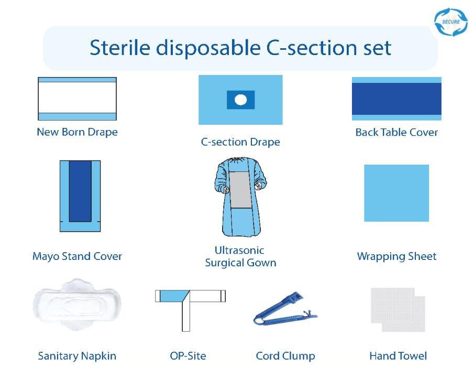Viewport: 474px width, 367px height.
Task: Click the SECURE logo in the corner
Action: pyautogui.click(x=451, y=22)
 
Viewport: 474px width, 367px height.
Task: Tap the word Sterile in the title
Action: pyautogui.click(x=120, y=48)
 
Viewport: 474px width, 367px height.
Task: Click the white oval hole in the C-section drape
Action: pyautogui.click(x=240, y=100)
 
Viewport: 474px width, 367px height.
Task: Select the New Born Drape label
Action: pyautogui.click(x=77, y=132)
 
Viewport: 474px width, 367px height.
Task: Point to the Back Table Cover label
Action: pyautogui.click(x=396, y=132)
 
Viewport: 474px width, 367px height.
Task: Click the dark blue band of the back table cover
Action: pyautogui.click(x=396, y=99)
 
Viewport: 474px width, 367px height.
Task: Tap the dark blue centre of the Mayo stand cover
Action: pyautogui.click(x=80, y=191)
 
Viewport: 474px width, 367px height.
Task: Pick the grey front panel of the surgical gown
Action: pyautogui.click(x=240, y=189)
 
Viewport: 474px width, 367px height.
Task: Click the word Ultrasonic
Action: pyautogui.click(x=239, y=250)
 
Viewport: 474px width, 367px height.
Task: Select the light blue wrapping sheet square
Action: pyautogui.click(x=396, y=193)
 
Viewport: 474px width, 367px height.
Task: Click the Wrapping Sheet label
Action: pyautogui.click(x=396, y=256)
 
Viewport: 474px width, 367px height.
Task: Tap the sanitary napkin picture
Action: pyautogui.click(x=77, y=305)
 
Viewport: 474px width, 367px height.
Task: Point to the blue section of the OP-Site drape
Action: pyautogui.click(x=173, y=296)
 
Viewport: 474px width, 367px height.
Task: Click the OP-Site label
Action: pyautogui.click(x=188, y=356)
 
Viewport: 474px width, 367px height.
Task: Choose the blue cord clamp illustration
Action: pyautogui.click(x=285, y=308)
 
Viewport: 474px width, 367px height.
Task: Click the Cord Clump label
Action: pyautogui.click(x=285, y=356)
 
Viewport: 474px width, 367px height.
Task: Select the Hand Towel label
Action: pyautogui.click(x=398, y=356)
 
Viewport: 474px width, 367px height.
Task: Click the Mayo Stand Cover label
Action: pyautogui.click(x=77, y=256)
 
